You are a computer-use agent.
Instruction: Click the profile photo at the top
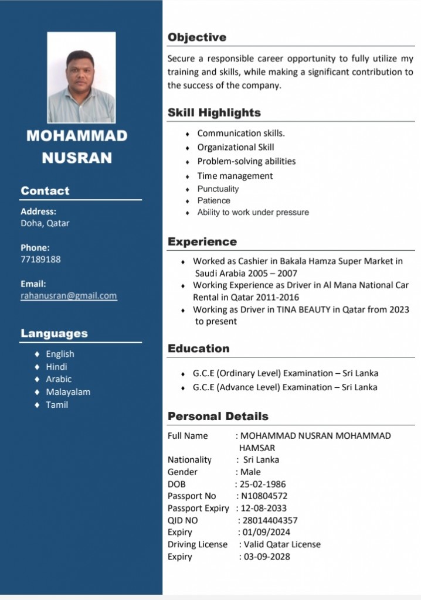(81, 77)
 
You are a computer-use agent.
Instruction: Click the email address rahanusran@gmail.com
(69, 296)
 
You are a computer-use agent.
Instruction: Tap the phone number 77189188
(40, 259)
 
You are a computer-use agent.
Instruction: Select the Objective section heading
(197, 37)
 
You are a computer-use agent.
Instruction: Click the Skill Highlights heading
(214, 112)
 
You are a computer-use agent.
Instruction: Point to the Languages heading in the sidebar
(54, 333)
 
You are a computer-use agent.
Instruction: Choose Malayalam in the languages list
(68, 392)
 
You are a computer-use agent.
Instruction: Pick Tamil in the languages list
(57, 405)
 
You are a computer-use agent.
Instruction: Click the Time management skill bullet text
(235, 176)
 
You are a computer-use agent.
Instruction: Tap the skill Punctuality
(218, 189)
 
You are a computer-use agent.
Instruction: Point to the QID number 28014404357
(270, 520)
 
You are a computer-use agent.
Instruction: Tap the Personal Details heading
(218, 417)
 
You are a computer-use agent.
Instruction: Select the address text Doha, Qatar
(45, 223)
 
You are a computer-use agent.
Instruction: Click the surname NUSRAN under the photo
(77, 158)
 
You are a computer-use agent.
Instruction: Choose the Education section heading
(198, 349)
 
